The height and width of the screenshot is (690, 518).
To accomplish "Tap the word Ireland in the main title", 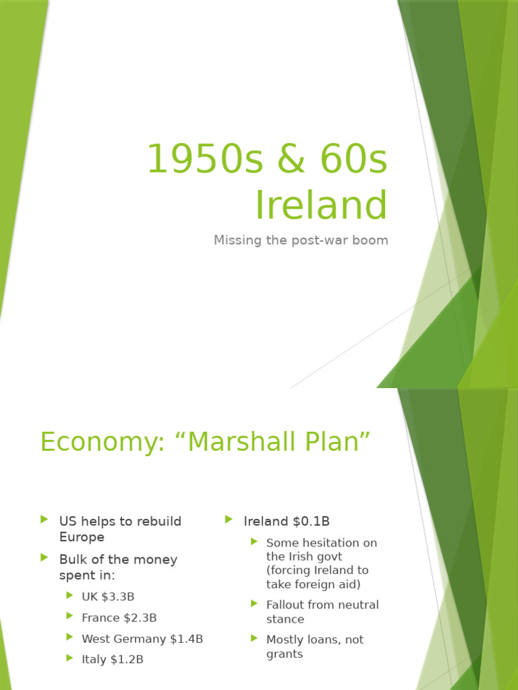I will point(321,205).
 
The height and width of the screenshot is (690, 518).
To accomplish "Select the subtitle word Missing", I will point(236,240).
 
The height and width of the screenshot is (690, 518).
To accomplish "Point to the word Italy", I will point(94,660).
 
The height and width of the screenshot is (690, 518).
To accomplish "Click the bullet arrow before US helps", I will point(45,520).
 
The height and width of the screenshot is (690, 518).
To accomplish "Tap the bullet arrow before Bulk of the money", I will point(45,558).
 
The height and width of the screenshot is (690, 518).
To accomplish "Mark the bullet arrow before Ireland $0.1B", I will point(229,520).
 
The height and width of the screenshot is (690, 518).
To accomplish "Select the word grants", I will point(285,654).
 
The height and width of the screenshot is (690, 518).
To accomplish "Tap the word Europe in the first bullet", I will point(82,537).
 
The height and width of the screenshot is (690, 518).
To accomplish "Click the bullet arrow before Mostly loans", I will point(254,637).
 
